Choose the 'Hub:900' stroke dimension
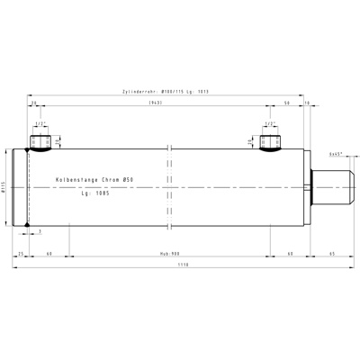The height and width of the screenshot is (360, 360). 170,255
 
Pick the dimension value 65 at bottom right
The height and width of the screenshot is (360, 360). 330,255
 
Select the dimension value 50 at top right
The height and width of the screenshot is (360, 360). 286,103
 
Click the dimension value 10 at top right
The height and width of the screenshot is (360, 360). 307,103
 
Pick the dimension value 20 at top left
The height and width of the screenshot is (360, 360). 34,103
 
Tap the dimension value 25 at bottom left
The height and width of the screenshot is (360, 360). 22,255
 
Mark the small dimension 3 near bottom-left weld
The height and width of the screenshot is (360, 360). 40,232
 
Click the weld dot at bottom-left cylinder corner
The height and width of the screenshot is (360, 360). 29,226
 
